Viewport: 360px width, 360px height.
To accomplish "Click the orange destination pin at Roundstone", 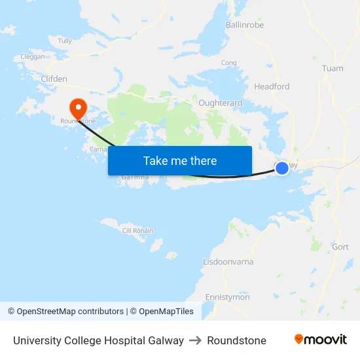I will pos(78,108).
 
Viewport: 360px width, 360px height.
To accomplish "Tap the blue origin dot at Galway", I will pos(282,168).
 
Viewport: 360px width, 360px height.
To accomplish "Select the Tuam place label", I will pos(333,68).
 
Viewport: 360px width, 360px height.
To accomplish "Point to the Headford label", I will pos(272,86).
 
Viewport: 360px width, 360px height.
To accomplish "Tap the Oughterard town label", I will pos(220,103).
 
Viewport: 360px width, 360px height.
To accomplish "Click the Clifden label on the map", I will pos(54,79).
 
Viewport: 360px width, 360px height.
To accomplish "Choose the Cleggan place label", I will pos(33,57).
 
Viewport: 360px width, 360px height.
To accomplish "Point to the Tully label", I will pos(65,41).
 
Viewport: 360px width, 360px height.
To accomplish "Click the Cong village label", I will pos(228,63).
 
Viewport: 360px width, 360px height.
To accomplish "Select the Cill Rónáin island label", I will pos(138,230).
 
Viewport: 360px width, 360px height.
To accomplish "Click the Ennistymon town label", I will pos(227,297).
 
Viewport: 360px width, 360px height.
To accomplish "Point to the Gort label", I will pos(340,247).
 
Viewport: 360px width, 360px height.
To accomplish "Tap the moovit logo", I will pos(321,340).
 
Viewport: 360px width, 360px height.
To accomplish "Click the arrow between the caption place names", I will pos(195,340).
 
